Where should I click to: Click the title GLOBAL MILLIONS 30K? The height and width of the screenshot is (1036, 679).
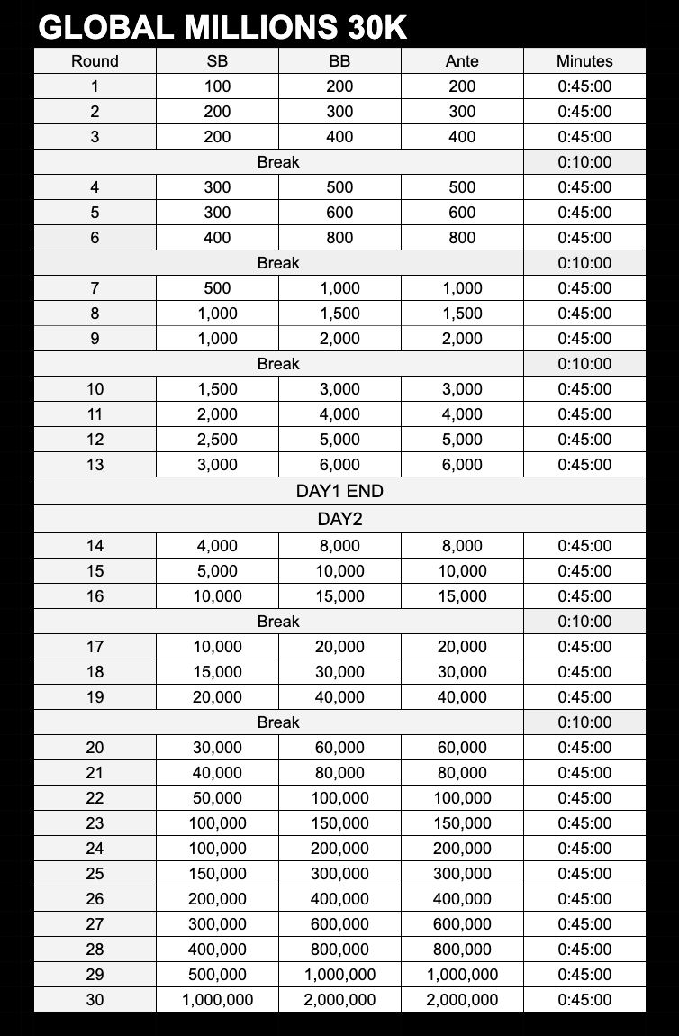[x=223, y=28]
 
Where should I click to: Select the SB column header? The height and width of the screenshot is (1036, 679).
[x=217, y=61]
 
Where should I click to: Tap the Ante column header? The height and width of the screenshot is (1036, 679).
[x=462, y=61]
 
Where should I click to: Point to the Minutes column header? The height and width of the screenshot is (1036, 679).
[x=584, y=61]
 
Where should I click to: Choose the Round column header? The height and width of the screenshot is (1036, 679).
[x=95, y=61]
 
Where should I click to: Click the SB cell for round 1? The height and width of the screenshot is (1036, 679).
[x=217, y=86]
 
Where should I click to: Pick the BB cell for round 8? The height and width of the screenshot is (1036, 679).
[x=339, y=314]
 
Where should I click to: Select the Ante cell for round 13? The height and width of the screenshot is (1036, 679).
[x=462, y=465]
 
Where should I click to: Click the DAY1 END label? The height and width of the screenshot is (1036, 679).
[x=339, y=492]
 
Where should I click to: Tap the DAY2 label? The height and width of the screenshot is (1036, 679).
[x=339, y=519]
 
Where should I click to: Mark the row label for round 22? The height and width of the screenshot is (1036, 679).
[x=95, y=798]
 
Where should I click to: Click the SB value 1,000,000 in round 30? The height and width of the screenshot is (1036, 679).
[x=217, y=1000]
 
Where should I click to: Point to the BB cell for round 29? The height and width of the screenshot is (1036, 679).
[x=339, y=975]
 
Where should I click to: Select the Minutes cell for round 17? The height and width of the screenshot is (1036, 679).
[x=584, y=647]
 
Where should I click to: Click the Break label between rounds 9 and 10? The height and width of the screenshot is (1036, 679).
[x=278, y=364]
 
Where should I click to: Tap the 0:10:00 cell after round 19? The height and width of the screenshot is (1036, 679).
[x=584, y=722]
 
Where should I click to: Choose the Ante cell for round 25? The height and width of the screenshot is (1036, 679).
[x=462, y=874]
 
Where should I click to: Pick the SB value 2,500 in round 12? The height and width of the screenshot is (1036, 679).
[x=217, y=440]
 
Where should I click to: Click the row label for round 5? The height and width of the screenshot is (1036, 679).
[x=95, y=213]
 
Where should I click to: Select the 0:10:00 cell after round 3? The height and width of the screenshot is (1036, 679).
[x=584, y=162]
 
